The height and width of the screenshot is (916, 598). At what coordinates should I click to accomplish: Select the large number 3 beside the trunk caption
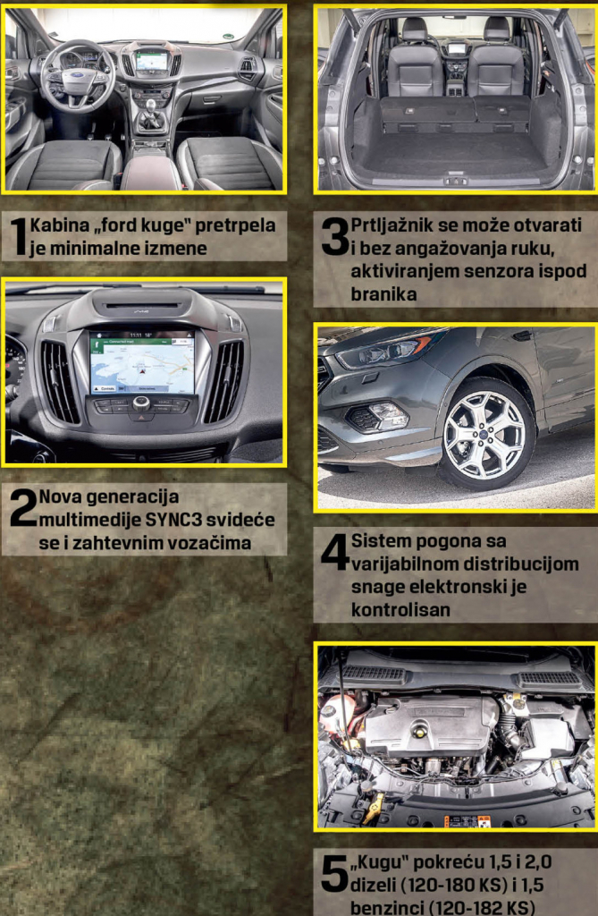(335, 237)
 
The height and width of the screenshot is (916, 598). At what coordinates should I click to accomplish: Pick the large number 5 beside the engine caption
(334, 873)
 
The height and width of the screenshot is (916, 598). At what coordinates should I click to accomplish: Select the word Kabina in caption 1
(59, 225)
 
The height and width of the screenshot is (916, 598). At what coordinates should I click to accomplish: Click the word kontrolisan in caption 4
(400, 609)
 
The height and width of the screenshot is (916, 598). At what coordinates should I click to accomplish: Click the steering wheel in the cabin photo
(77, 77)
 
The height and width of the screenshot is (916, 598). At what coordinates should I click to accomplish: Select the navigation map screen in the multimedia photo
(141, 361)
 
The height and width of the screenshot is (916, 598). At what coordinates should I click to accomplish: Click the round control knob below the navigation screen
(140, 403)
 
